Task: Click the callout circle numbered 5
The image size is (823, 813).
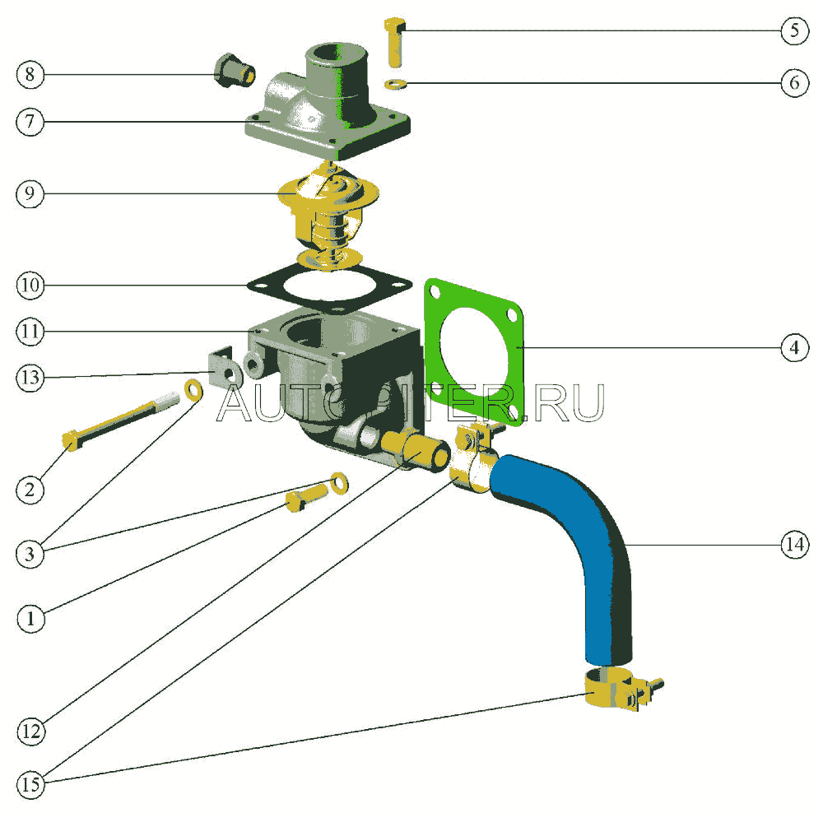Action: pos(794,31)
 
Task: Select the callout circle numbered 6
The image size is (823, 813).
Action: pos(794,84)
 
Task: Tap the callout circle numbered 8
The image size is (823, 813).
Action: pos(30,75)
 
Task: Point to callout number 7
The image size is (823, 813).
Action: pos(30,122)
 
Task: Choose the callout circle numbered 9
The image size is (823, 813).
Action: pos(30,194)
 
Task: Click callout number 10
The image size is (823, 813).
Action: pos(30,286)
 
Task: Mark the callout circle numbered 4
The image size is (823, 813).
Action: pos(794,348)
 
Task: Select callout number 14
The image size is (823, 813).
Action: pos(794,545)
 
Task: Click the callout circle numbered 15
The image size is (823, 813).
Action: pos(30,785)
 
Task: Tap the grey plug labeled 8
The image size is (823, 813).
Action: pos(232,71)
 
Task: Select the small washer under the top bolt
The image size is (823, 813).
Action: pos(396,83)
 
